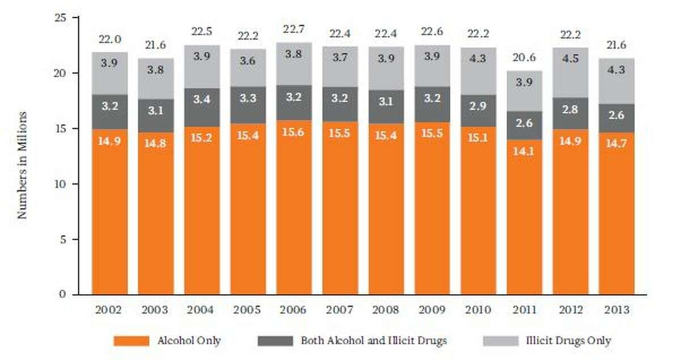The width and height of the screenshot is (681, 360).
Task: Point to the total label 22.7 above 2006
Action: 293,30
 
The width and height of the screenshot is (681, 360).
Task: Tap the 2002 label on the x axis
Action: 109,311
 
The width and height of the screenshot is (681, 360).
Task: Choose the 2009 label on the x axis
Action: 432,311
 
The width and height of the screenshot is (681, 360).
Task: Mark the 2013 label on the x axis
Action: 616,311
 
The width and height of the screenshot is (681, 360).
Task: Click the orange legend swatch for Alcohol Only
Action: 131,341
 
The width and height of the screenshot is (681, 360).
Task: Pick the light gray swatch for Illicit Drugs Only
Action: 501,341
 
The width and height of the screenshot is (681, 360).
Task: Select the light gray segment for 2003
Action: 155,79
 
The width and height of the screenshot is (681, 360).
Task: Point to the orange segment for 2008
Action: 386,210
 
